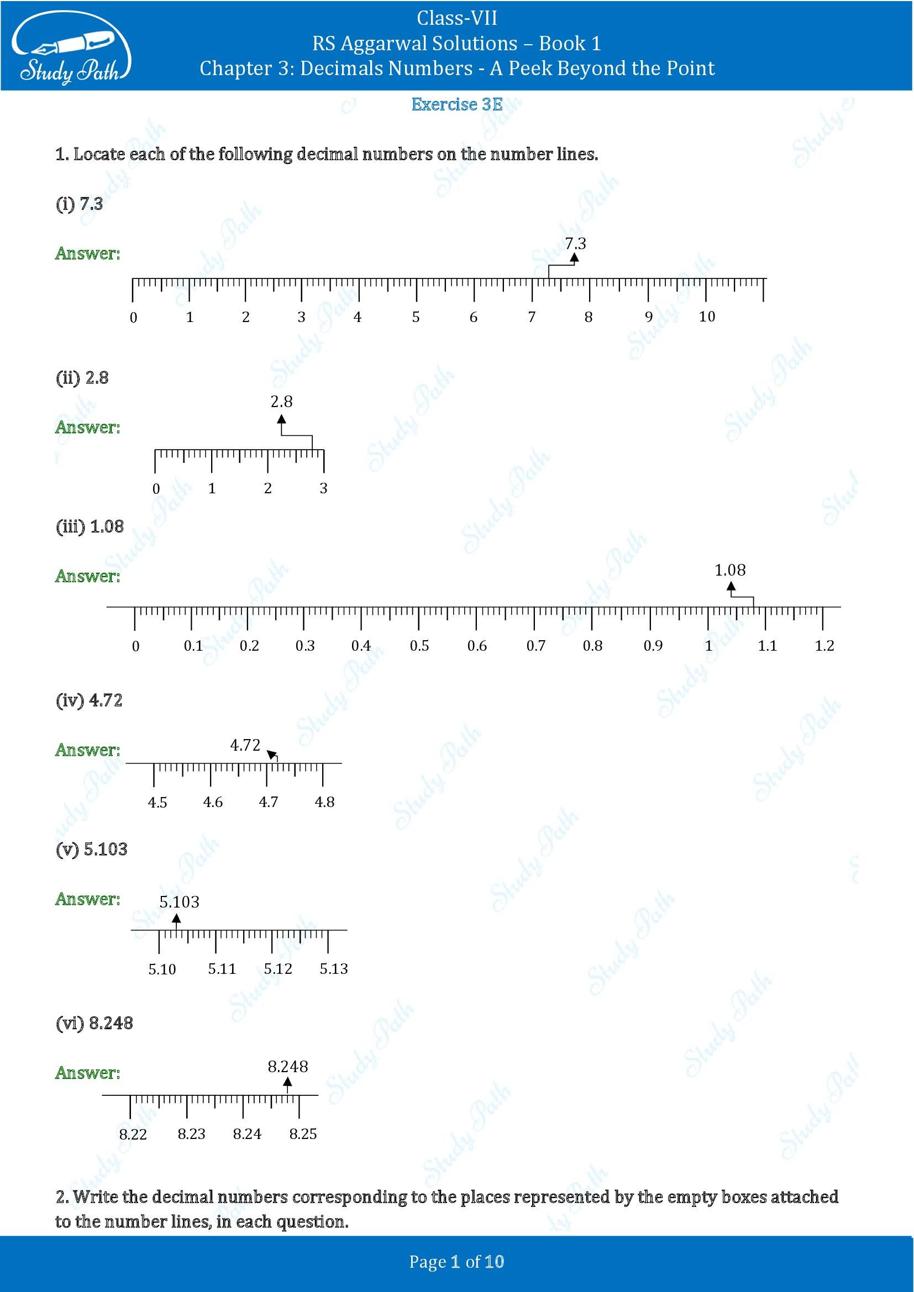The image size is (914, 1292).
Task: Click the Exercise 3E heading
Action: click(456, 104)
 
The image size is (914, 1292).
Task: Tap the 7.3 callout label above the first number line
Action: click(575, 243)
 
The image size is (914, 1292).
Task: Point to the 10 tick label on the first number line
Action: click(707, 317)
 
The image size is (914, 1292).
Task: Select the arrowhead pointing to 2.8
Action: click(281, 419)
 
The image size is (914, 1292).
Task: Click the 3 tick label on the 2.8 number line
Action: click(324, 488)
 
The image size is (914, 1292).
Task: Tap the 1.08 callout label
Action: click(730, 570)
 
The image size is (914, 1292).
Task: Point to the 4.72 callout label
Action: click(245, 745)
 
